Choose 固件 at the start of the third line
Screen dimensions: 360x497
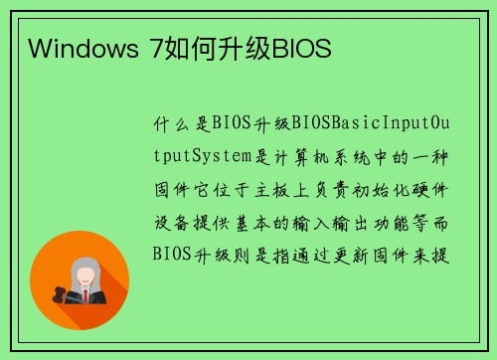point(168,188)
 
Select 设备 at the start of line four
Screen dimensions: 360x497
point(168,220)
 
